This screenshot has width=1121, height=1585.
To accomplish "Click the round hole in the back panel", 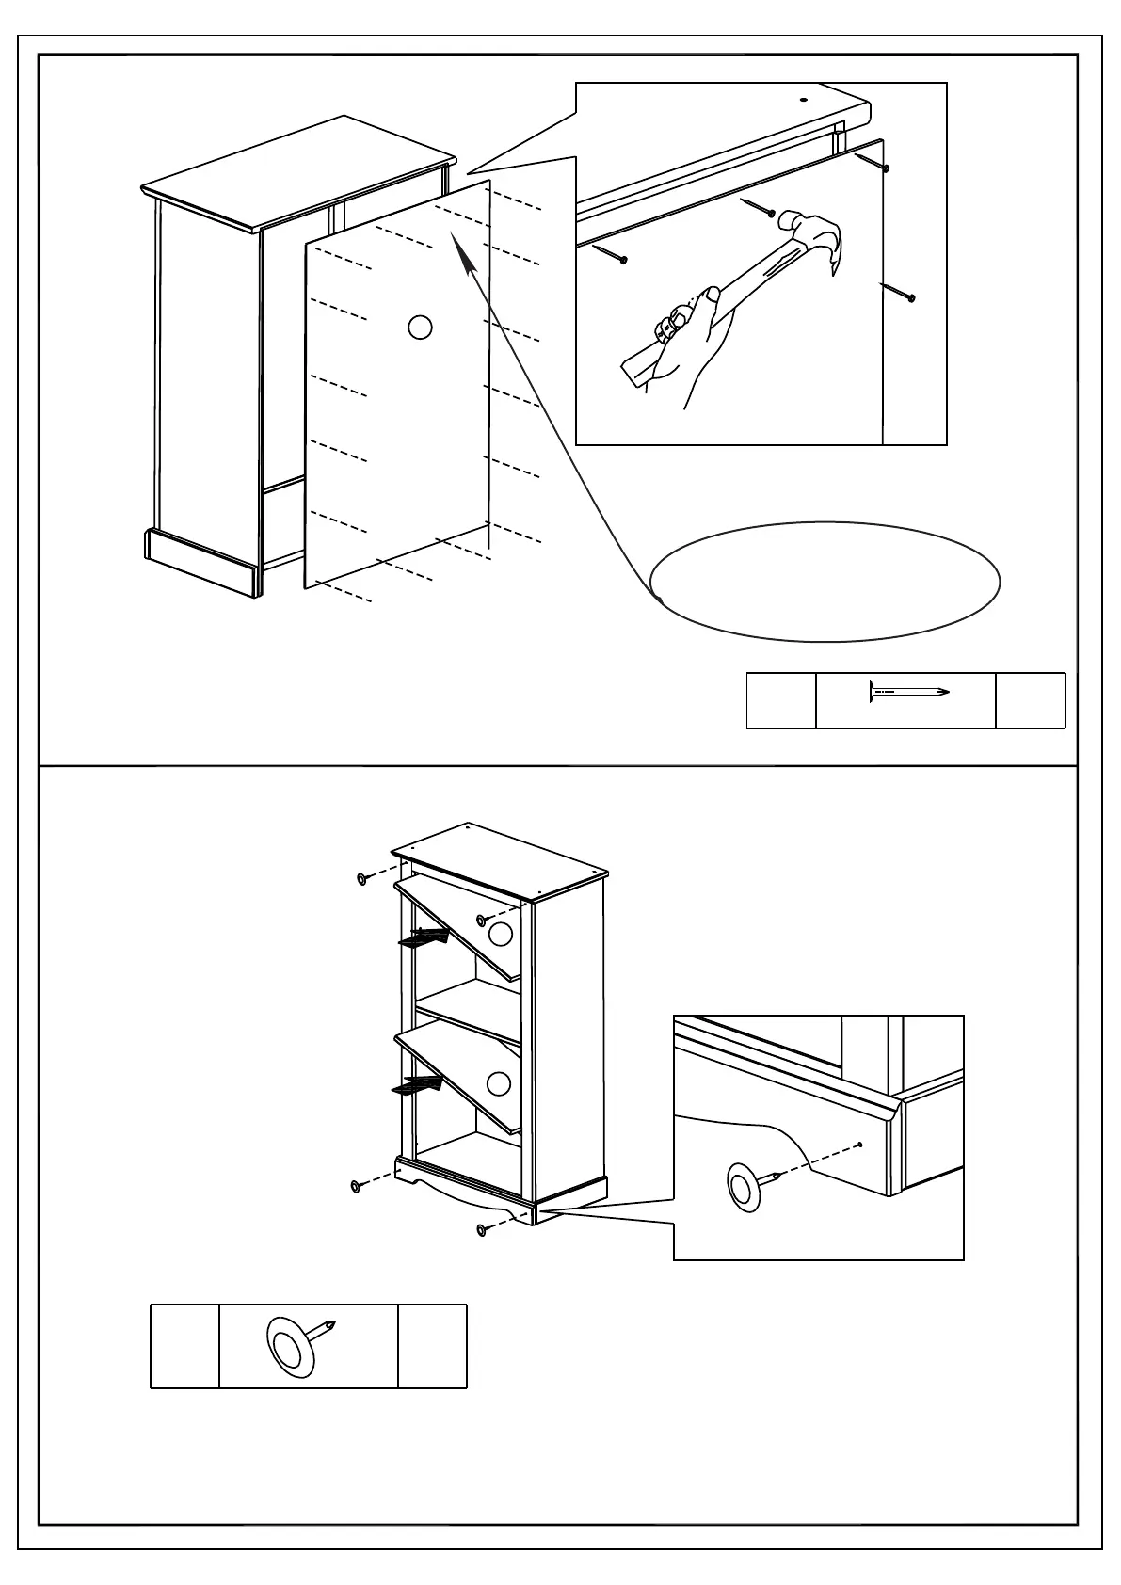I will click(x=420, y=328).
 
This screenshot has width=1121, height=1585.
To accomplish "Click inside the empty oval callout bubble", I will click(x=825, y=582).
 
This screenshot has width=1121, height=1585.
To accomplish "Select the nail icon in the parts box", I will click(x=907, y=693).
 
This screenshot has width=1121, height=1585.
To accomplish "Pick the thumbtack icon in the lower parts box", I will click(x=297, y=1340).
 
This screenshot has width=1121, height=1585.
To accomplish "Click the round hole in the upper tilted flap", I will click(x=500, y=935).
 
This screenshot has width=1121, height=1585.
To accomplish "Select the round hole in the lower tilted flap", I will click(x=499, y=1083).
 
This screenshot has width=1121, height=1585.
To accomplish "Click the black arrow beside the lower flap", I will click(x=416, y=1085).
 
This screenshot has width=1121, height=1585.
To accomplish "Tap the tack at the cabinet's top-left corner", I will click(x=362, y=879).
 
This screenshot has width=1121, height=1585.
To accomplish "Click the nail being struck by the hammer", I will click(x=759, y=206).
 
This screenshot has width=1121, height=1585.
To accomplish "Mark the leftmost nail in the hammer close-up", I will click(x=610, y=253).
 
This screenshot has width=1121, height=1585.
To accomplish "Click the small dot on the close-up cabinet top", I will click(x=805, y=98).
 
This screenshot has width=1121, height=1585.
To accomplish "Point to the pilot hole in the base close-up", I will click(x=860, y=1145).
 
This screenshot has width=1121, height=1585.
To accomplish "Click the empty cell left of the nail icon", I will click(x=780, y=700).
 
